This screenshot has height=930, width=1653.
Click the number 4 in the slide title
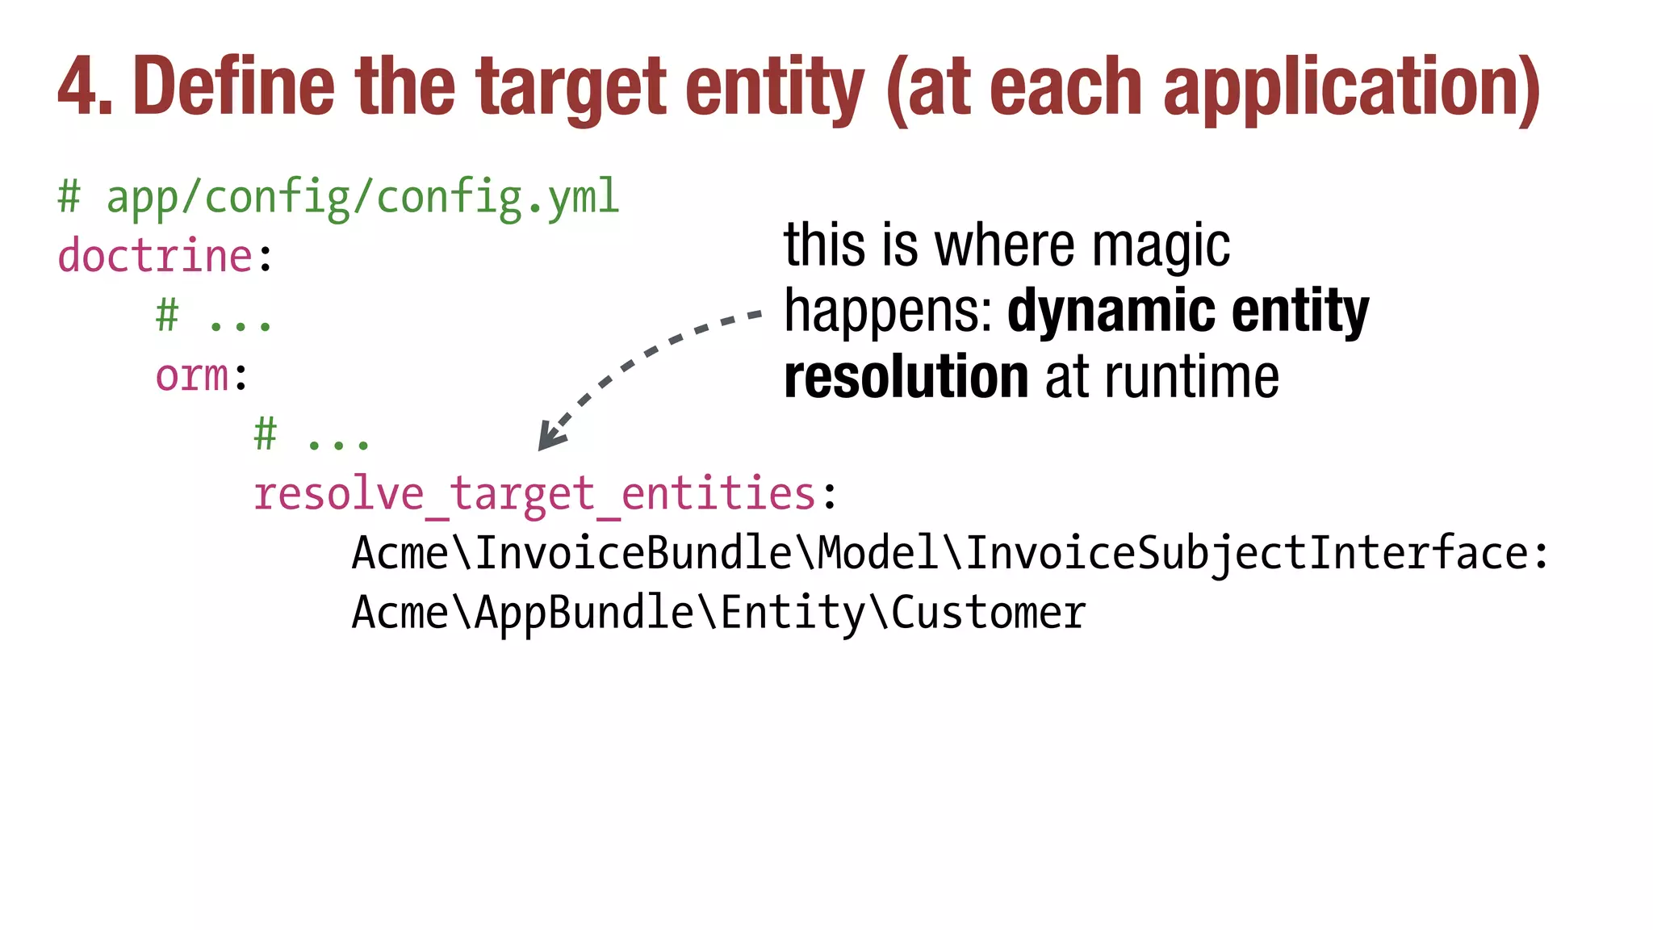(x=79, y=87)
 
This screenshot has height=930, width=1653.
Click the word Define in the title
(x=233, y=86)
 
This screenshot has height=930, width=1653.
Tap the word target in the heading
(x=571, y=87)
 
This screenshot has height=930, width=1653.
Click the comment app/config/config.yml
(x=362, y=197)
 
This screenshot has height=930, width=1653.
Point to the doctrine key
(x=156, y=256)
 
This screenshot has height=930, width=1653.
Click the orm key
(x=192, y=375)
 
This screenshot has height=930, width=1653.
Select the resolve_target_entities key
(x=534, y=493)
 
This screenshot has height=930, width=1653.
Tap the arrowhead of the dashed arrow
(x=550, y=438)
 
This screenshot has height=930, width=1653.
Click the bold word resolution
(x=906, y=377)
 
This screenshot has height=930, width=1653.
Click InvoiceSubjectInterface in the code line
(x=1247, y=554)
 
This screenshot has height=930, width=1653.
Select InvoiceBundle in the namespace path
(x=634, y=554)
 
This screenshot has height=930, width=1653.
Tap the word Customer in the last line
(x=988, y=613)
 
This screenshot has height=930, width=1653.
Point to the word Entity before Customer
(x=793, y=613)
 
